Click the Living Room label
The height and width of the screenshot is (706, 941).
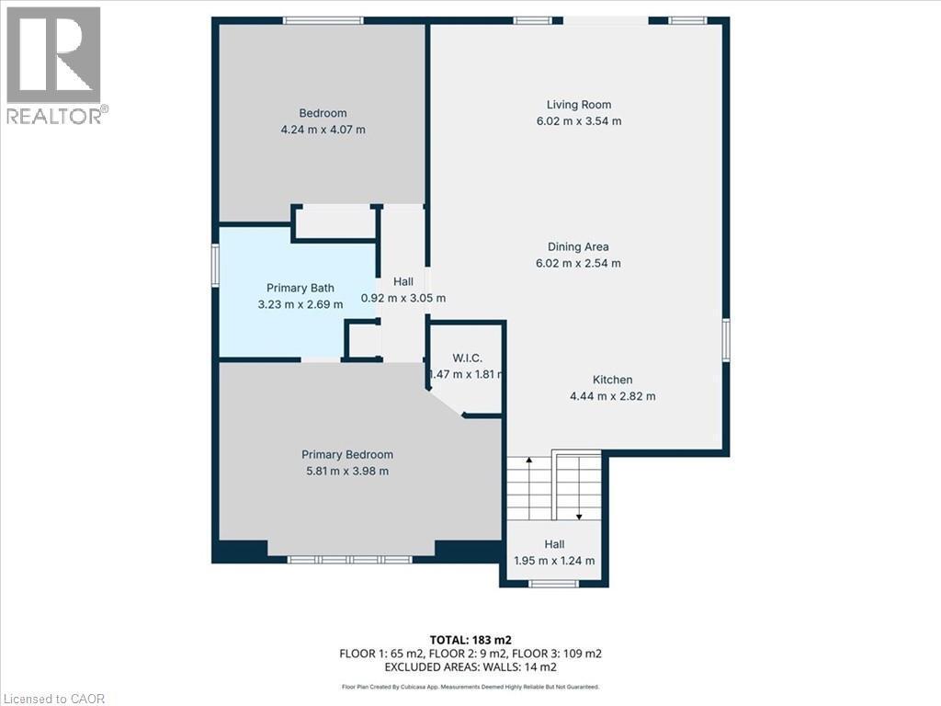(578, 105)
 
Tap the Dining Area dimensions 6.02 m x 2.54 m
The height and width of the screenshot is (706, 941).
(578, 263)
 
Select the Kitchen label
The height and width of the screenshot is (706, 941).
(612, 380)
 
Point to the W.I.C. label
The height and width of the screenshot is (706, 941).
(467, 358)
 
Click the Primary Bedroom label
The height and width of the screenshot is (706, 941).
(347, 455)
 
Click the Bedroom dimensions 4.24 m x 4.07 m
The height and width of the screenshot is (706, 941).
(322, 130)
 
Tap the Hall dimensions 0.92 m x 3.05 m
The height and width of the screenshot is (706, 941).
(403, 298)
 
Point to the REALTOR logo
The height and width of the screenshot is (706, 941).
(54, 65)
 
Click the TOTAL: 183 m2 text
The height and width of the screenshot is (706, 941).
(470, 640)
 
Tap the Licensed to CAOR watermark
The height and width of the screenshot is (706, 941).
(53, 699)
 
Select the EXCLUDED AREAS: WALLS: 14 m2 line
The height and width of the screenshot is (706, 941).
(470, 667)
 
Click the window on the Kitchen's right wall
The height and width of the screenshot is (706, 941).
(725, 340)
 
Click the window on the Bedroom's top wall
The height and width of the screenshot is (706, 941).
(323, 20)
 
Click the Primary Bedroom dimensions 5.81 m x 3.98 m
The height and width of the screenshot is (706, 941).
(347, 472)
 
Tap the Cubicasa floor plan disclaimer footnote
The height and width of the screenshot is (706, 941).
(470, 687)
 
